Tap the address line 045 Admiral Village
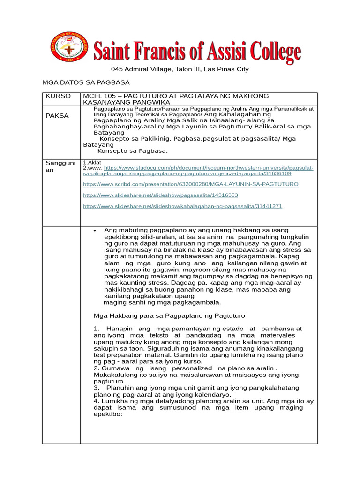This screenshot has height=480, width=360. pyautogui.click(x=180, y=69)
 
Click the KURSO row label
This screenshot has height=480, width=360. pyautogui.click(x=58, y=96)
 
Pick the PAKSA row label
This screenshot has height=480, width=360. pyautogui.click(x=57, y=115)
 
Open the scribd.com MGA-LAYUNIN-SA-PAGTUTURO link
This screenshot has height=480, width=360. pyautogui.click(x=190, y=184)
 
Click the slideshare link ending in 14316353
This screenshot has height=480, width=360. pyautogui.click(x=160, y=195)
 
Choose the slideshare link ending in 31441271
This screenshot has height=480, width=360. pyautogui.click(x=182, y=206)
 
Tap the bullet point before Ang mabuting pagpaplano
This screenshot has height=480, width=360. pyautogui.click(x=95, y=231)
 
